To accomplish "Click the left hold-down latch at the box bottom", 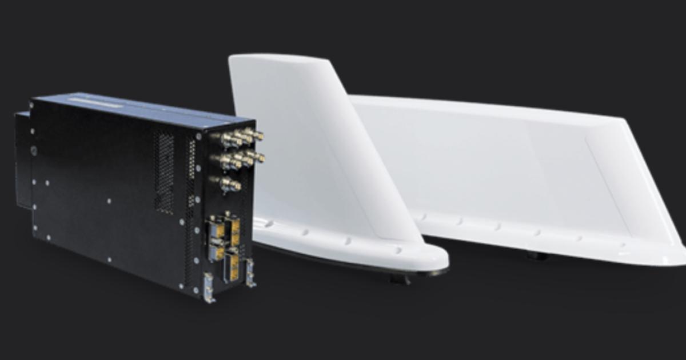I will (208, 286).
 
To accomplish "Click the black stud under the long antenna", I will (537, 256).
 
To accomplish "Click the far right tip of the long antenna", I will (680, 251).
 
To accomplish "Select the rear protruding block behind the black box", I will (23, 160).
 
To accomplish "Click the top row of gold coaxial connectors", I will (239, 137).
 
